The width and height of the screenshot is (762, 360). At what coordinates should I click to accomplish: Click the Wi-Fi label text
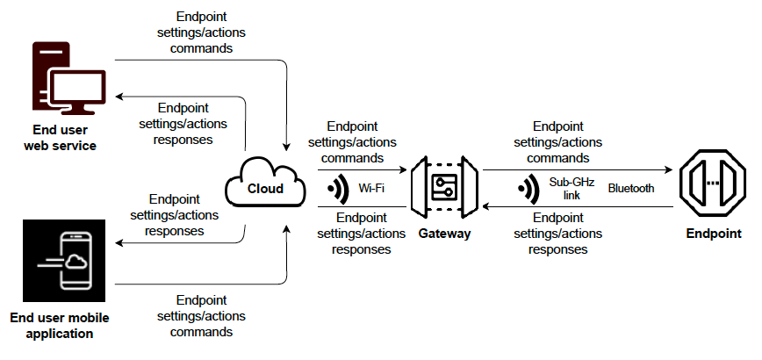[x=372, y=188]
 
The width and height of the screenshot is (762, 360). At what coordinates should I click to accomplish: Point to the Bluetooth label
[x=630, y=188]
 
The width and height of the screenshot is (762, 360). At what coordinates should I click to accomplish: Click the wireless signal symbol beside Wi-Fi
[x=335, y=189]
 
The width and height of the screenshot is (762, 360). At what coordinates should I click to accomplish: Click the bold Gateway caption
[x=444, y=234]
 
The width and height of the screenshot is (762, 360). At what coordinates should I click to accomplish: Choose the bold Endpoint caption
[x=712, y=234]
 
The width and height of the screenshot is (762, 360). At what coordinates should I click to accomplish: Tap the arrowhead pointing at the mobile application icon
[x=120, y=246]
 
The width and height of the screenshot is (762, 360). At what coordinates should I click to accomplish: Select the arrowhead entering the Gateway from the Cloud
[x=403, y=169]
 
